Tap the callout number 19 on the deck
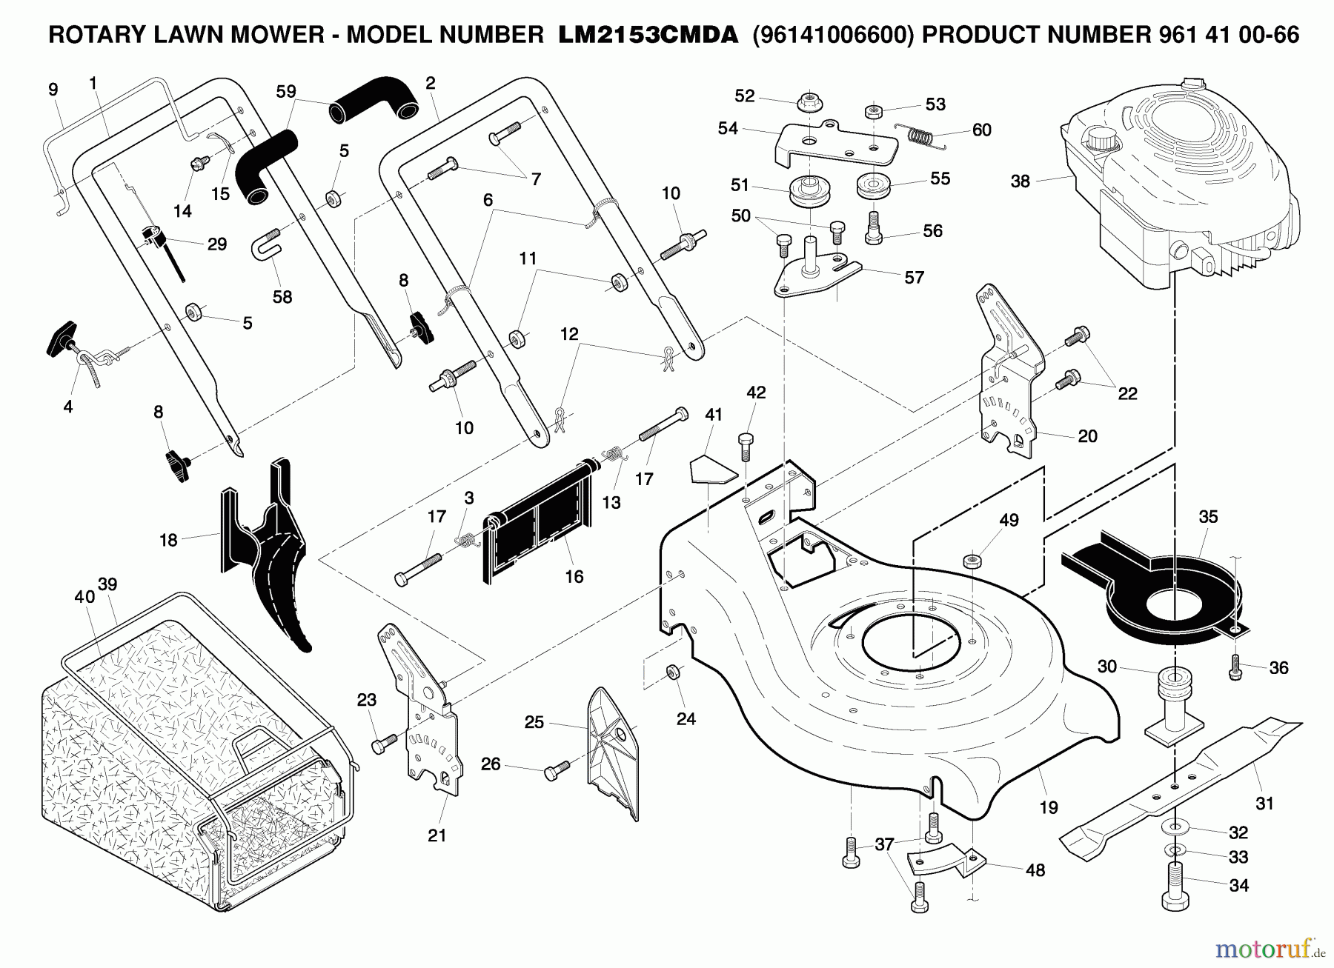1048,807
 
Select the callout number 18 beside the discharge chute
168,540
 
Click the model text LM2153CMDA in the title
648,35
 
